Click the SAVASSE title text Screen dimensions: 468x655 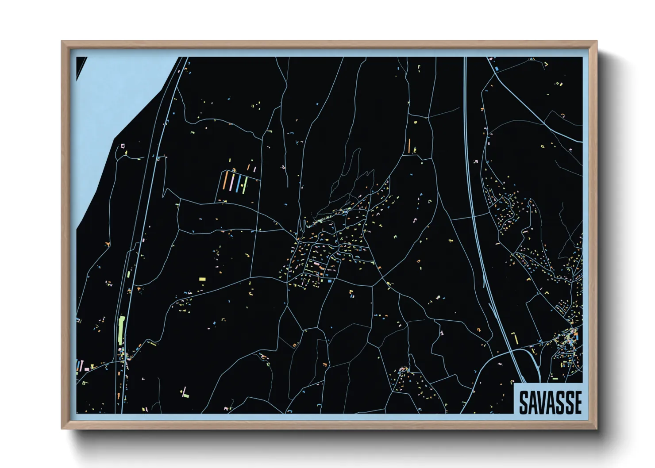click(550, 402)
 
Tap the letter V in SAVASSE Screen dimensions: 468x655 click(540, 402)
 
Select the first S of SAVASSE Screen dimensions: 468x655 click(523, 402)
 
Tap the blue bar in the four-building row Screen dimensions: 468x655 click(238, 183)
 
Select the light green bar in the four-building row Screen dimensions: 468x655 click(244, 185)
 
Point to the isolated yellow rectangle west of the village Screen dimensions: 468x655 click(202, 279)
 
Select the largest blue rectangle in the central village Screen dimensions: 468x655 click(329, 280)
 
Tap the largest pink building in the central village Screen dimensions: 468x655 click(317, 265)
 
